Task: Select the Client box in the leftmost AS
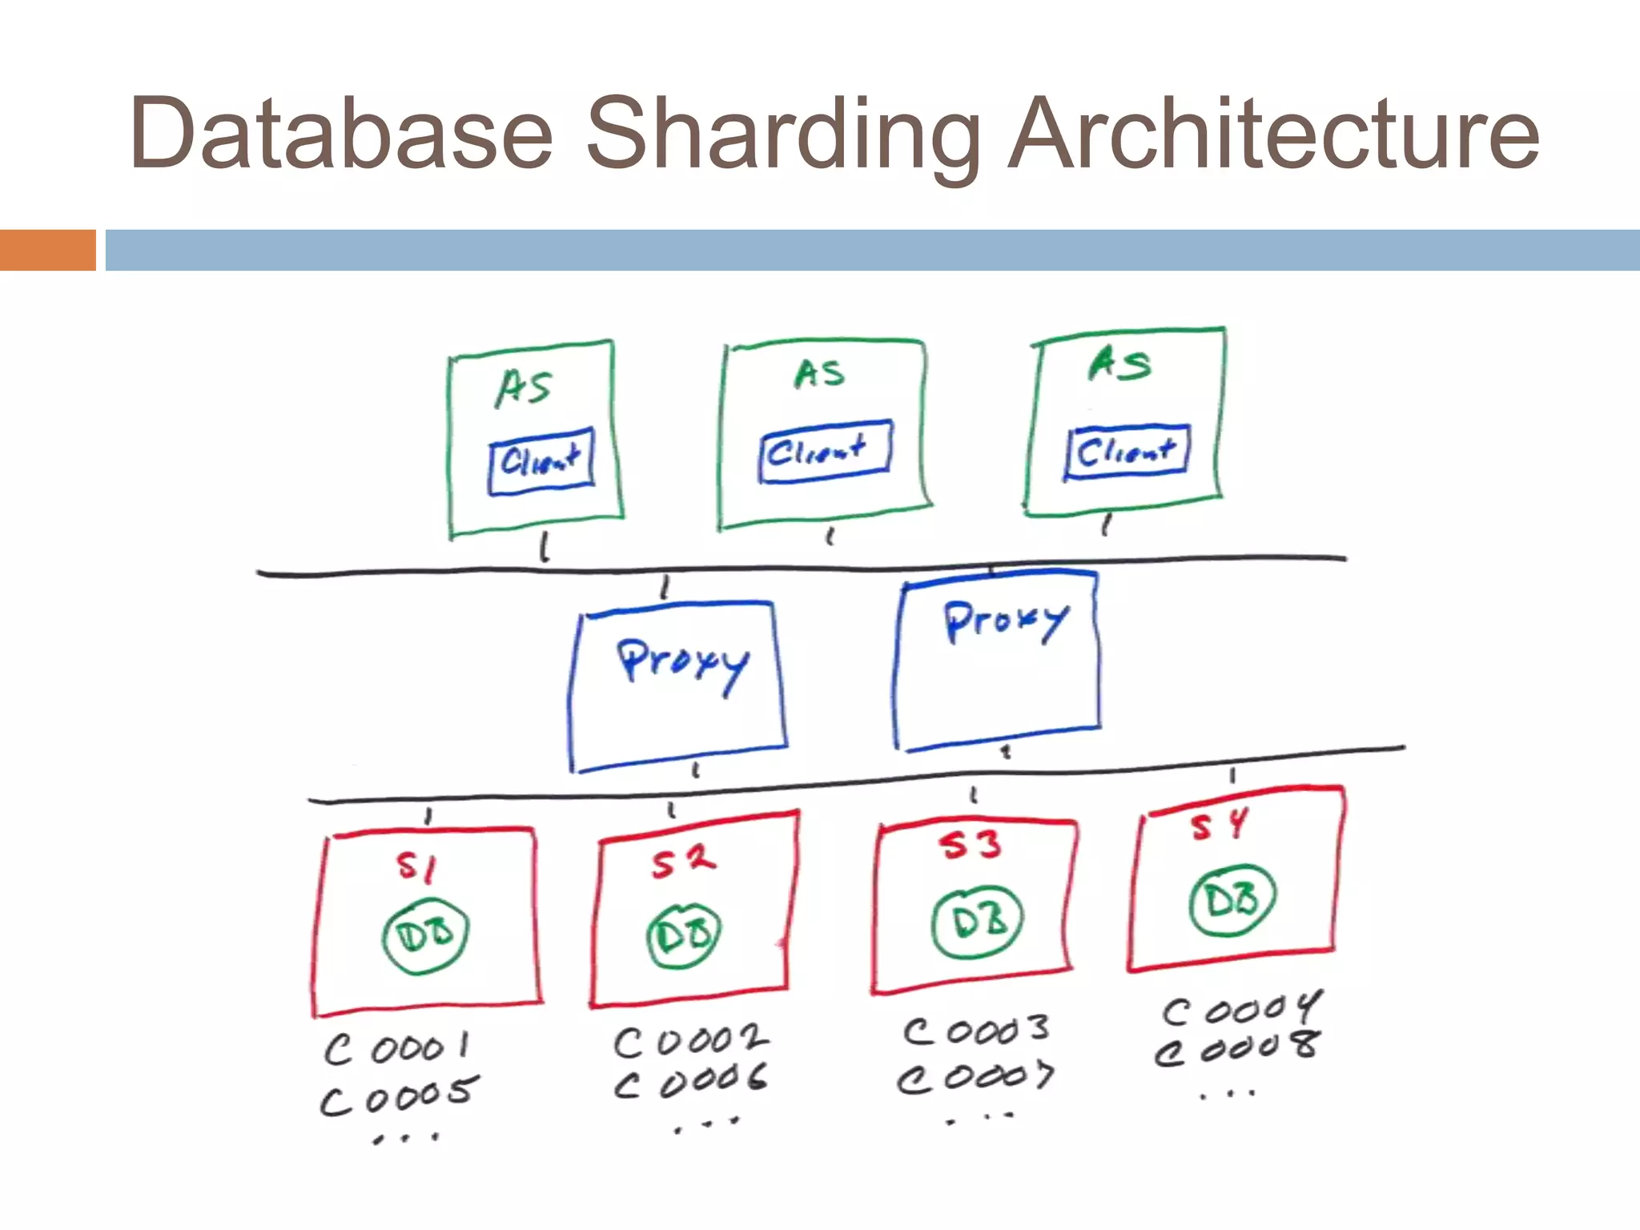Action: tap(541, 460)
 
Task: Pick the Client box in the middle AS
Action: tap(824, 452)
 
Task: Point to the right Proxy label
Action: tap(1006, 620)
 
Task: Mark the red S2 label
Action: tap(682, 861)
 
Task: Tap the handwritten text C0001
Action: tap(397, 1047)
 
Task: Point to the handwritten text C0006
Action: tap(690, 1081)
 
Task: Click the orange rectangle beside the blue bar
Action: tap(48, 250)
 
